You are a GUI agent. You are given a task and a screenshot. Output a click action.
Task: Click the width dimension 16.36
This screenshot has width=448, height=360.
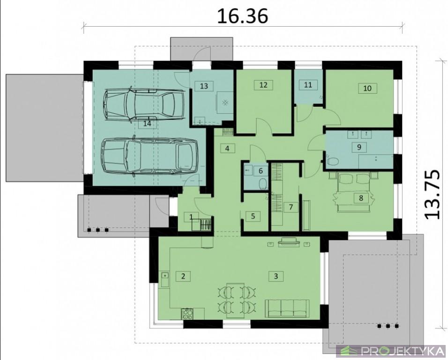(243, 16)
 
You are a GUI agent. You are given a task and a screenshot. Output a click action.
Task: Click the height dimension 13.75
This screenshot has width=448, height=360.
(432, 195)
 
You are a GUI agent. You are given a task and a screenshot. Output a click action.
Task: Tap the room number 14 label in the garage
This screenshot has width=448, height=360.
(147, 124)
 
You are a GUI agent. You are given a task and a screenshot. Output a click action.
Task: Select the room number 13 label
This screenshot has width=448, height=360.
(204, 86)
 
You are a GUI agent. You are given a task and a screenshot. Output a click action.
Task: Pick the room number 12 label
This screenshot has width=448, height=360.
(263, 85)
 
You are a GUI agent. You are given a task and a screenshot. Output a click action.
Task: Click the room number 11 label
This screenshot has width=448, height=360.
(308, 85)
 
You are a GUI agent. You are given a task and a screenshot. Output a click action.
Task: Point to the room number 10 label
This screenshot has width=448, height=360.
(367, 88)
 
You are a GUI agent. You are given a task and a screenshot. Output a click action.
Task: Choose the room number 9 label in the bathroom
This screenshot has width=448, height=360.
(359, 147)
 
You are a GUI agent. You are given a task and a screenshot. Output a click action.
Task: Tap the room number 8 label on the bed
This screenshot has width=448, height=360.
(361, 198)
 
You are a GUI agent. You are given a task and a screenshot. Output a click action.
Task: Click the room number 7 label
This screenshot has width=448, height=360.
(291, 207)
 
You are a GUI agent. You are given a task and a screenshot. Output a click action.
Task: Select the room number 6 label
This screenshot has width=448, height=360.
(261, 171)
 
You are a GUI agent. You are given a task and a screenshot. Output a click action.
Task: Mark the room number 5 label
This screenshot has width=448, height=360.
(253, 216)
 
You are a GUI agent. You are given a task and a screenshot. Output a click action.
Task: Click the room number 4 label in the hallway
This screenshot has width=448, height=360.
(227, 149)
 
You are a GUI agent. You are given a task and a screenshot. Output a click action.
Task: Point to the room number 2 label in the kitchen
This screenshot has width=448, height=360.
(183, 276)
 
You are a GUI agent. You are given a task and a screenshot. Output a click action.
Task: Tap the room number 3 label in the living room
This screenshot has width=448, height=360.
(276, 276)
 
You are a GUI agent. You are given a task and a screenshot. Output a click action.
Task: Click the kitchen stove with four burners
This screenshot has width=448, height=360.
(187, 314)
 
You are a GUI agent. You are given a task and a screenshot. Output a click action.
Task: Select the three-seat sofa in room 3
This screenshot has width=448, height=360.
(287, 308)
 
